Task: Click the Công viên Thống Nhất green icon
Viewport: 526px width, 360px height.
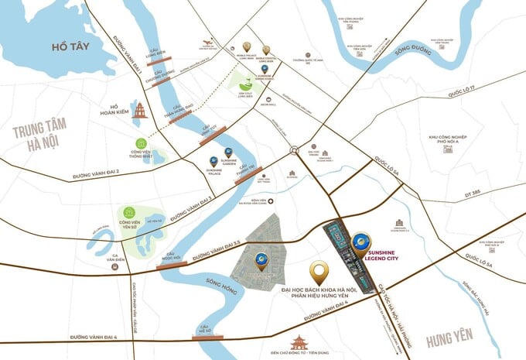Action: [141, 144]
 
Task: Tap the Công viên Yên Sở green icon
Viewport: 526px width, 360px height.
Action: [128, 214]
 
